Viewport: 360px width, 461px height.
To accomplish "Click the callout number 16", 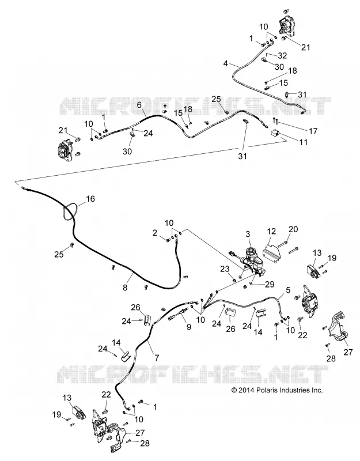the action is click(90, 199).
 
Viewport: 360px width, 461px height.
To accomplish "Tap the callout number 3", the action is click(248, 234).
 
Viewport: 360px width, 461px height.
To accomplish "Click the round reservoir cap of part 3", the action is click(251, 252).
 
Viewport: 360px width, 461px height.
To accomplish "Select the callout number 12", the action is click(271, 231).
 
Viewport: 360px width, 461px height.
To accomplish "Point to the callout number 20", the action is click(293, 229).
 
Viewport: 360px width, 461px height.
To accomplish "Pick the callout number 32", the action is click(282, 55).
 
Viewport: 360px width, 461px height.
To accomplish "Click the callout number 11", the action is click(303, 142).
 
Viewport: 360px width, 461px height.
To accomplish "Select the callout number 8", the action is click(125, 287).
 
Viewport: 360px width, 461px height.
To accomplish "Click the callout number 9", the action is click(188, 327).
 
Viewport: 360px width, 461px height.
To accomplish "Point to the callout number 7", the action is click(157, 357).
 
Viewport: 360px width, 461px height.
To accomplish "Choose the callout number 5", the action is click(288, 290).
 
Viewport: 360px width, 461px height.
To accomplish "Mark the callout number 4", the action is click(225, 63).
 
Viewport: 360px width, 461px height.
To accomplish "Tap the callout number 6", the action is click(139, 105).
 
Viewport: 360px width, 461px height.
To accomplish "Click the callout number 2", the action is click(155, 233).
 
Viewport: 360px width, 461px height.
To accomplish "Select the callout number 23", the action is click(225, 269).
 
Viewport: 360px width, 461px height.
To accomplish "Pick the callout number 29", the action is click(270, 284).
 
